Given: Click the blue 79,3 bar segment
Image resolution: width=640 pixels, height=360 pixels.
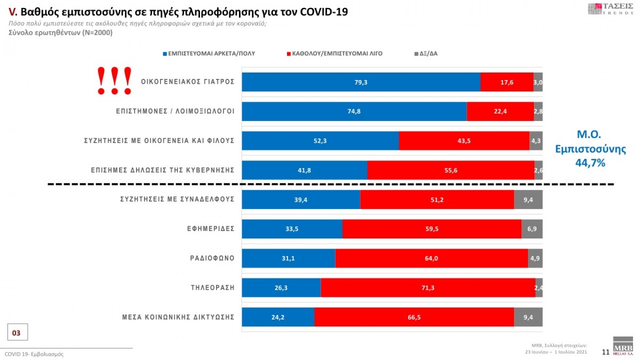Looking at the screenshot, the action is pyautogui.click(x=361, y=82).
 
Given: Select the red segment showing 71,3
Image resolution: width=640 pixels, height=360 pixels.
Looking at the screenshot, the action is pyautogui.click(x=428, y=287).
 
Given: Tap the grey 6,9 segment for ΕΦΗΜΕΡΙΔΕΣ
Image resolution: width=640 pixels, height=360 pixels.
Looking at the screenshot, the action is pyautogui.click(x=532, y=229).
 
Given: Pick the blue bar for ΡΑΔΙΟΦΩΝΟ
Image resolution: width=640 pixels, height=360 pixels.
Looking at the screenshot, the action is pyautogui.click(x=289, y=258).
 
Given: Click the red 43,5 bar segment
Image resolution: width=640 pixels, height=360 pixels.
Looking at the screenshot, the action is pyautogui.click(x=465, y=141).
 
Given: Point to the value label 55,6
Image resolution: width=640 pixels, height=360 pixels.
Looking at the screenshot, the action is pyautogui.click(x=451, y=171).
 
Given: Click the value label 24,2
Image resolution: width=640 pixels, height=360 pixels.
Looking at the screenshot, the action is pyautogui.click(x=278, y=317).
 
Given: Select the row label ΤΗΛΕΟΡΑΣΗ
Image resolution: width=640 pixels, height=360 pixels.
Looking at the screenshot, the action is pyautogui.click(x=213, y=287).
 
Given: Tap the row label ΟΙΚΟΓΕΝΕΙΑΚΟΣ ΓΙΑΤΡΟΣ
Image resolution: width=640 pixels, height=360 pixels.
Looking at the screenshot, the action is pyautogui.click(x=188, y=82).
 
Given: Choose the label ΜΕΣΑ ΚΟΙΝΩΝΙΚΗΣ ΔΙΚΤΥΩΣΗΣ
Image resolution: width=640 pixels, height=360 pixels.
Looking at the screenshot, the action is pyautogui.click(x=178, y=317).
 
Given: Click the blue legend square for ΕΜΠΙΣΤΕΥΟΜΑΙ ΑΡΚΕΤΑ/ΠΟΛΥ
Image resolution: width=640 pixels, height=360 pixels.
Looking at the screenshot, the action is pyautogui.click(x=165, y=54).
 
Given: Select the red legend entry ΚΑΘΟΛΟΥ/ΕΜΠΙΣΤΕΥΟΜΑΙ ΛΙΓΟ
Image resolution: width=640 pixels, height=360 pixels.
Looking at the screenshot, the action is pyautogui.click(x=334, y=54).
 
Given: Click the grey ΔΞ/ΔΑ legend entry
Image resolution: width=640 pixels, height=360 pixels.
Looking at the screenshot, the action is pyautogui.click(x=426, y=54).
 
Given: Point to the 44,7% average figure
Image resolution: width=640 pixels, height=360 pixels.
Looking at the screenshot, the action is pyautogui.click(x=590, y=163).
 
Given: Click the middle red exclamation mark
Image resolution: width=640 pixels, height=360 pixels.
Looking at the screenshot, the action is pyautogui.click(x=115, y=81).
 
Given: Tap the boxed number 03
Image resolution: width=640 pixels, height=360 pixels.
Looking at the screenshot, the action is pyautogui.click(x=18, y=332).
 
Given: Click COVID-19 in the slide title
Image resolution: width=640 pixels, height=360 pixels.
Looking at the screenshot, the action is pyautogui.click(x=324, y=12).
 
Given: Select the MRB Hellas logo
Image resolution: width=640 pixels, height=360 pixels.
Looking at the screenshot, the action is pyautogui.click(x=623, y=346).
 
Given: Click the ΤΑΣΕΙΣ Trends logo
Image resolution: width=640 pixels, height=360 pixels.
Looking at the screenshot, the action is pyautogui.click(x=610, y=9).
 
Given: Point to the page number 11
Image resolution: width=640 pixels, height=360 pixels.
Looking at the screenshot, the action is pyautogui.click(x=605, y=352).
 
